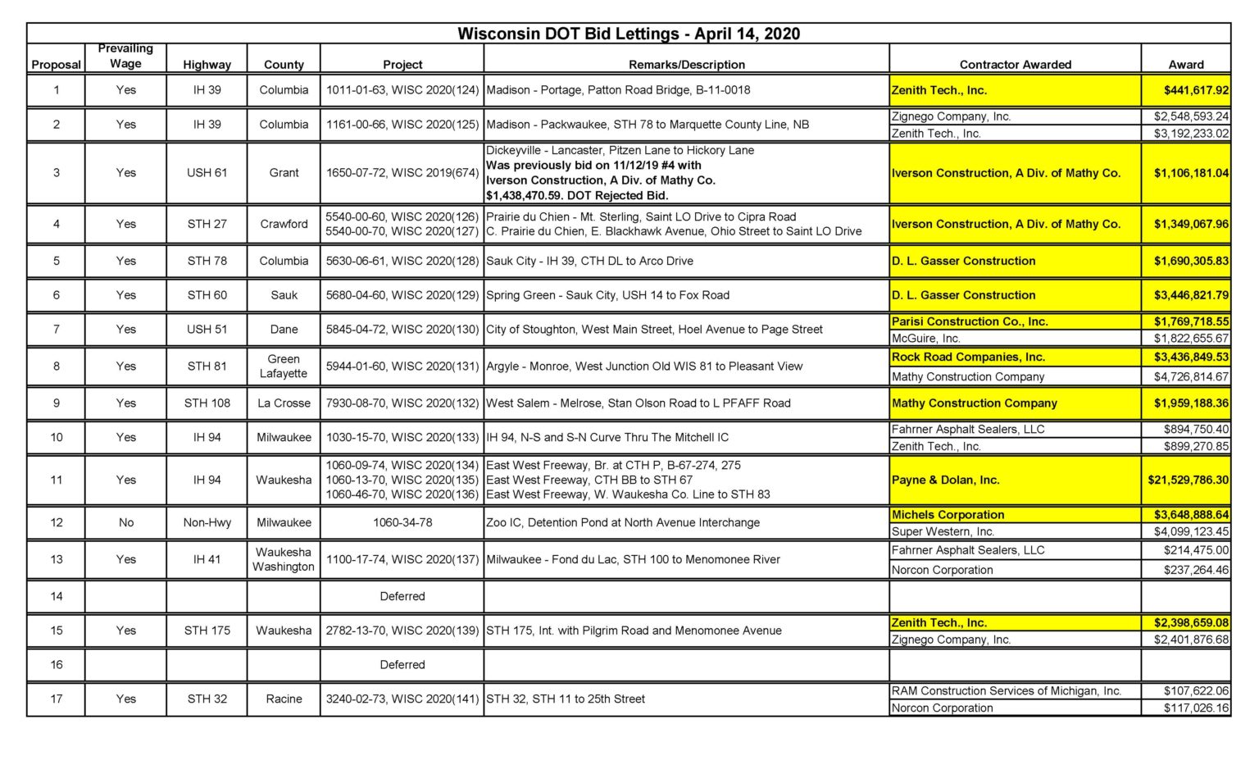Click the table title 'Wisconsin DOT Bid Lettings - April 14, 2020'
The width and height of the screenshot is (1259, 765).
628,34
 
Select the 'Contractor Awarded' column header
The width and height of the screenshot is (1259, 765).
1015,64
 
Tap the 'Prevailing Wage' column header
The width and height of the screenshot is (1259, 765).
125,56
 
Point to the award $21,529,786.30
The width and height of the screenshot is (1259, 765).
1188,480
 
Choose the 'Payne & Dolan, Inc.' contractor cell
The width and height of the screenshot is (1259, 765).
945,480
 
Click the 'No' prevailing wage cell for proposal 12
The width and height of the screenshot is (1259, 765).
125,522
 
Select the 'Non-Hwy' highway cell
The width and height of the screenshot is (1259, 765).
207,522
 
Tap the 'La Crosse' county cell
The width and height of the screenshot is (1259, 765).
284,403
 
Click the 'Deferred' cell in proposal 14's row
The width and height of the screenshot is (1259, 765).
402,596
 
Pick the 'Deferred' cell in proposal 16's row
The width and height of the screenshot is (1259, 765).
402,664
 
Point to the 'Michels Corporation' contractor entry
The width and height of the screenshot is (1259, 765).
948,514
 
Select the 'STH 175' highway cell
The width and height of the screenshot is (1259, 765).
207,630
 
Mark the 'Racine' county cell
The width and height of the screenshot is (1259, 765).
284,699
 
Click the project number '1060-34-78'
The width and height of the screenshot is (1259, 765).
402,522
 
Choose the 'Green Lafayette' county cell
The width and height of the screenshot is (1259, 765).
284,366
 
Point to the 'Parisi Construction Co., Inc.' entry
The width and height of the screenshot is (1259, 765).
970,321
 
